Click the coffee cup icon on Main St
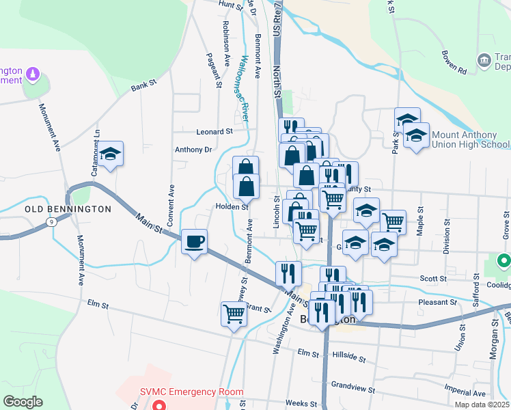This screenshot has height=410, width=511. click(195, 241)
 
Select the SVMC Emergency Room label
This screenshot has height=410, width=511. click(191, 392)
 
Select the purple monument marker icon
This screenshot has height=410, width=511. click(32, 73)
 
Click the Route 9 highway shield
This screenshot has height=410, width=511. click(52, 221)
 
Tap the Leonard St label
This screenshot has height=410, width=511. click(215, 131)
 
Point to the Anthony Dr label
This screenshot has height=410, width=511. click(194, 150)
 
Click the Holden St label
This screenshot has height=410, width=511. click(232, 206)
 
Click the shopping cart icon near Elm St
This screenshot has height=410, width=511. click(234, 314)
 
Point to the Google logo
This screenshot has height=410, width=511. click(23, 402)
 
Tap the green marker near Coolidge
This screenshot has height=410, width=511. click(503, 260)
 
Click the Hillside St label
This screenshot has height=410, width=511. click(349, 359)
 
